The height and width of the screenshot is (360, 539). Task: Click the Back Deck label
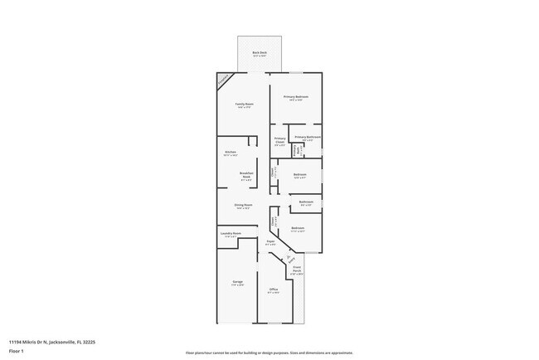point(260,54)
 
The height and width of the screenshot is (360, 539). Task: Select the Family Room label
point(243,105)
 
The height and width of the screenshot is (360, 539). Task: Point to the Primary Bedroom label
point(296,98)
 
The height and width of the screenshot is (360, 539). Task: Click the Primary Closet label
point(279,140)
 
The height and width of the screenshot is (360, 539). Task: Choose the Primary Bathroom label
point(308,138)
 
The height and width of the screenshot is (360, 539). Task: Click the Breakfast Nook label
point(245,176)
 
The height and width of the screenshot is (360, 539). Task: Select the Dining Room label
point(243,206)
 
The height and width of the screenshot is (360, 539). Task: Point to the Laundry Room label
point(231,235)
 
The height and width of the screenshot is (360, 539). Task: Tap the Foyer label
point(270,242)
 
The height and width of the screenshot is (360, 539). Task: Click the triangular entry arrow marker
point(289,257)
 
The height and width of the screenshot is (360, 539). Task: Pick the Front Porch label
point(296,270)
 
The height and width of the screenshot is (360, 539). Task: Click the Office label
point(273,290)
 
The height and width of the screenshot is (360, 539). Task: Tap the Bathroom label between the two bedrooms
point(306,202)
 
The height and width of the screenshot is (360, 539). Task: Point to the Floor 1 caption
point(16,350)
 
